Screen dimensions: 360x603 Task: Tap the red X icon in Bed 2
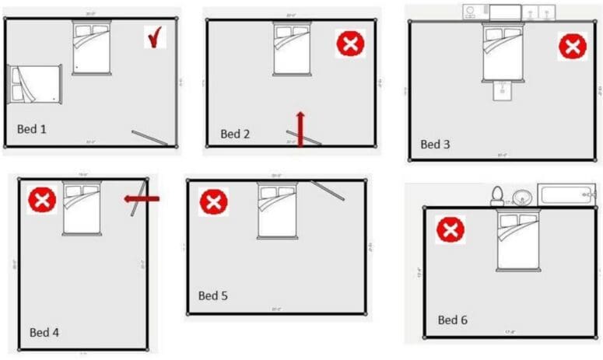point(350,43)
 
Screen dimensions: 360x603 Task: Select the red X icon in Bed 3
point(572,47)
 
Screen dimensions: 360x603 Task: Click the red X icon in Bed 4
point(42,201)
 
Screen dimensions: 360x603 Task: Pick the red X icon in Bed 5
point(212,202)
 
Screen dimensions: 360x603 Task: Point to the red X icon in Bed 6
point(450,229)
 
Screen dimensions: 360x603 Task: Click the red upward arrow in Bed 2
point(300,127)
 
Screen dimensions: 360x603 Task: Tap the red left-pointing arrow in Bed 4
point(142,199)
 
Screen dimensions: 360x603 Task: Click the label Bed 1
point(32,128)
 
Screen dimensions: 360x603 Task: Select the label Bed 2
point(235,134)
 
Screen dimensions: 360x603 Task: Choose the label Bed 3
point(435,144)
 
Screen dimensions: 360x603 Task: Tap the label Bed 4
point(44,333)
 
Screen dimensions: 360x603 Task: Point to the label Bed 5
point(213,295)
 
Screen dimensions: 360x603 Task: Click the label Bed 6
point(452,320)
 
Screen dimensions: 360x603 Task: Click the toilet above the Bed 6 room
point(497,196)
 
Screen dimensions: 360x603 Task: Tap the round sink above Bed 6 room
point(521,197)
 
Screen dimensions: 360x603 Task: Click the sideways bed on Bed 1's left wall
point(35,84)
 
